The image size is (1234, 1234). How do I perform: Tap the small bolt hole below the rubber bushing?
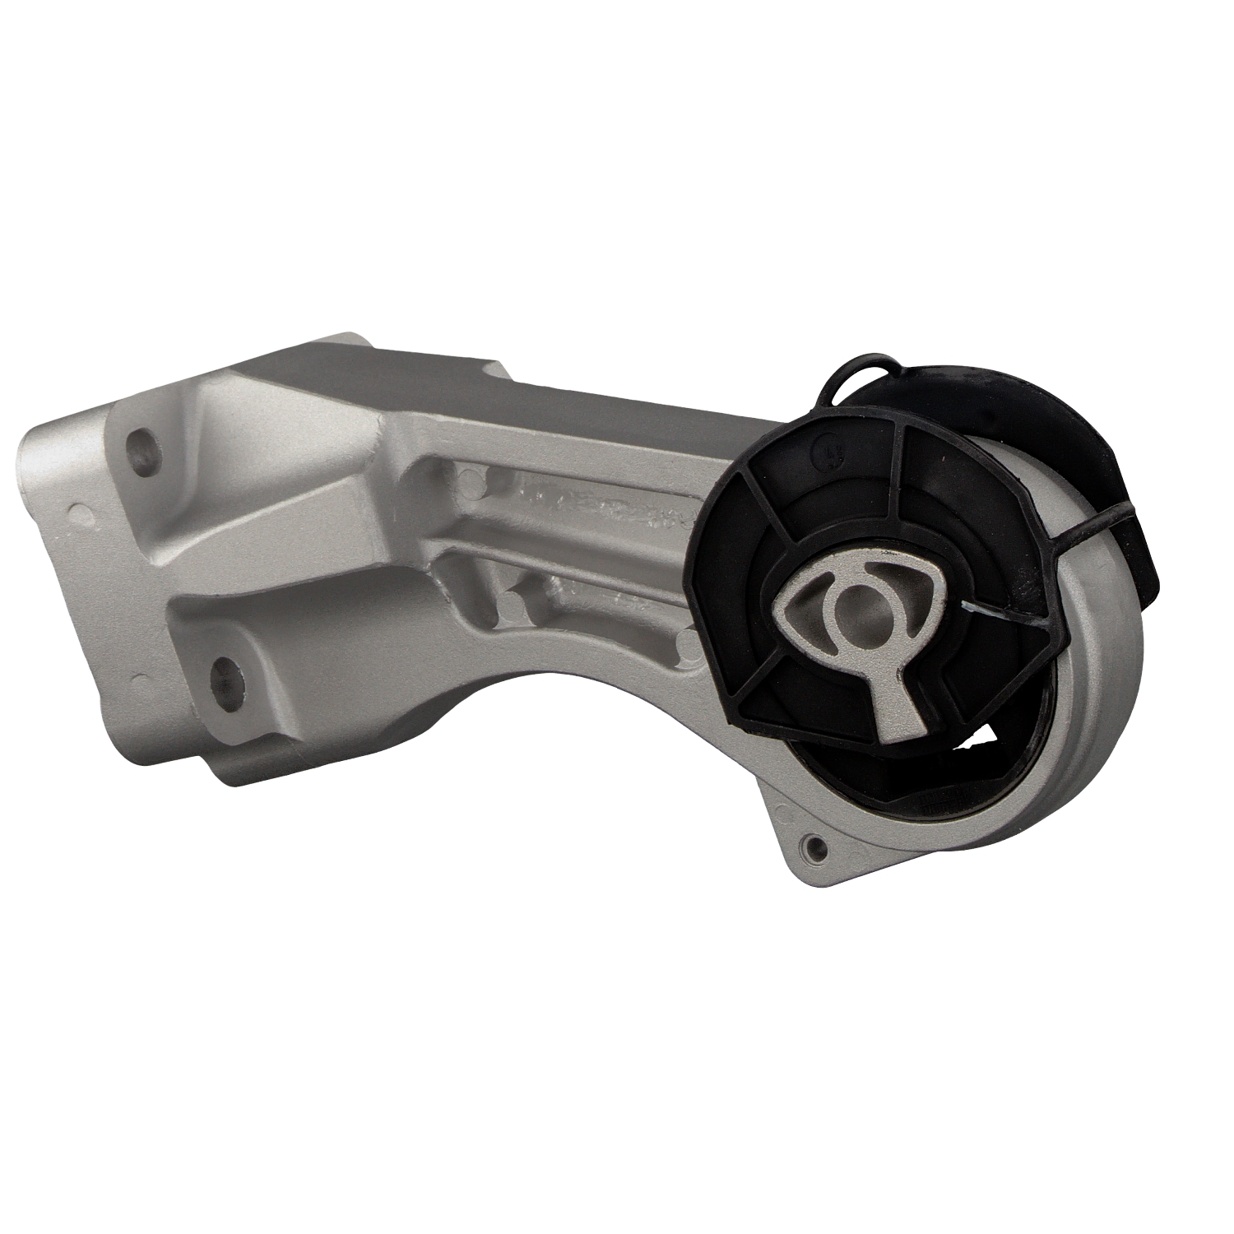pos(814,846)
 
